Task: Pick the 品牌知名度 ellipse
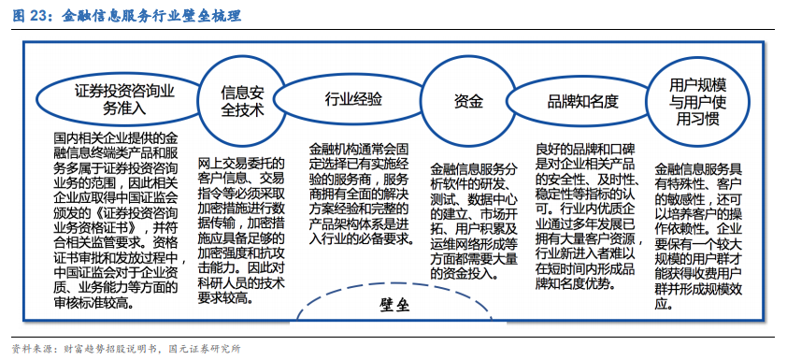pyautogui.click(x=582, y=100)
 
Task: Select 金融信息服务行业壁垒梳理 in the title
pyautogui.click(x=150, y=16)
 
